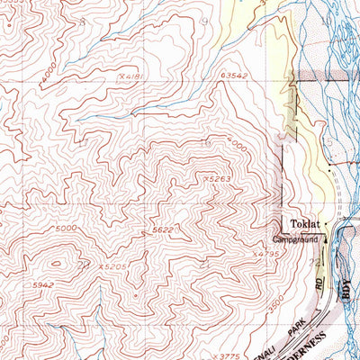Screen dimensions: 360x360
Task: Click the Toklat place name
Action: pyautogui.click(x=306, y=222)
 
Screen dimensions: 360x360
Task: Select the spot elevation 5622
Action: pyautogui.click(x=162, y=230)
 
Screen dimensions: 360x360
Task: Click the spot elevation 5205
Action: pyautogui.click(x=112, y=267)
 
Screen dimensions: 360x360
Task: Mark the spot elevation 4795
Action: pyautogui.click(x=265, y=254)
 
